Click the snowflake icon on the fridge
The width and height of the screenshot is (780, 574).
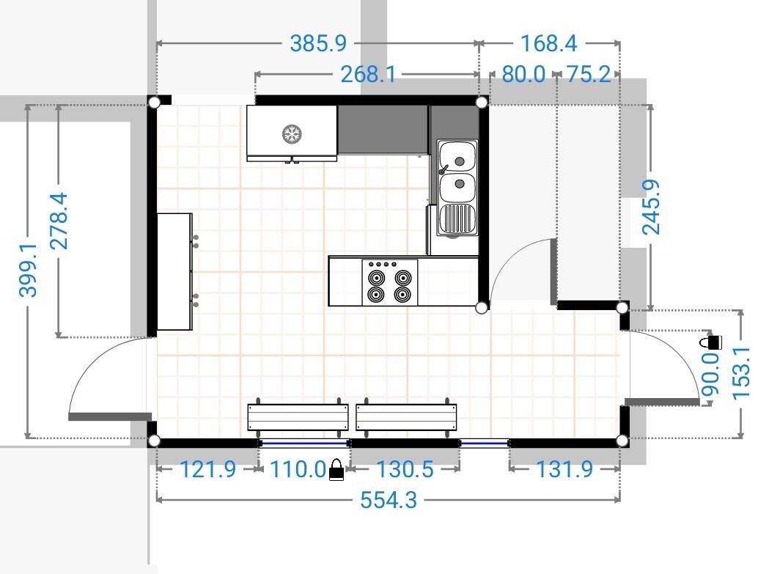coord(292,134)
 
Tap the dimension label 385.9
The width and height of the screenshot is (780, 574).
coord(318,43)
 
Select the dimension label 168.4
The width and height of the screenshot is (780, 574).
coord(548,43)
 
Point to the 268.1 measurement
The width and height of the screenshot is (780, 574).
coord(368,75)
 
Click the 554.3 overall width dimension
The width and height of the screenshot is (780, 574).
coord(389,500)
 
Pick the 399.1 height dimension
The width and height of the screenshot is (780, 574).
coord(28,270)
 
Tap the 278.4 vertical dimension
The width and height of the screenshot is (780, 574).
coord(59,221)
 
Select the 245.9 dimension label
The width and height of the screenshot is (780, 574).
coord(651,207)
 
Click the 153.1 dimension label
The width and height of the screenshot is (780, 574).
coord(741,373)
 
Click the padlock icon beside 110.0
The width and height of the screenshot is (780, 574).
coord(336,470)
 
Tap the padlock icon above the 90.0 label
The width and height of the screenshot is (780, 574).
coord(710,341)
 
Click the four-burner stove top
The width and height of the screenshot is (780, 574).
coord(389,282)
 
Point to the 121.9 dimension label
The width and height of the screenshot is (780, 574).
coord(207,469)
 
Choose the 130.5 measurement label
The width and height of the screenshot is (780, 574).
coord(405,469)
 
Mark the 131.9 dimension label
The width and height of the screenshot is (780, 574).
coord(564,469)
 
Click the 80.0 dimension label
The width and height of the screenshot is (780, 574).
coord(523,75)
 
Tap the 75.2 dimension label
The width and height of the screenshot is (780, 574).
coord(589,75)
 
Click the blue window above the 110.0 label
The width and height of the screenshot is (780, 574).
coord(304,443)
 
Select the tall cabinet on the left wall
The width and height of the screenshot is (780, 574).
coord(174,271)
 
